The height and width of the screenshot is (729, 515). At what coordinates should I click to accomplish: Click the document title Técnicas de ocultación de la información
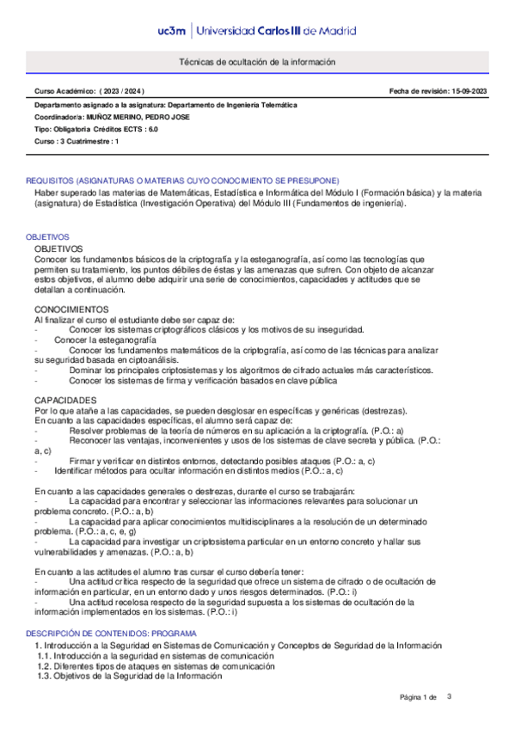[x=256, y=63]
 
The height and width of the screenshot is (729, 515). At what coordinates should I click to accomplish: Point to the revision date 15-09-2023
[x=467, y=91]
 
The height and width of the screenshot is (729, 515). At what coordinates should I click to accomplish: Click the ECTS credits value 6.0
[x=153, y=129]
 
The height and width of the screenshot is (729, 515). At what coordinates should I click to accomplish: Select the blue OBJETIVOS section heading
[x=47, y=236]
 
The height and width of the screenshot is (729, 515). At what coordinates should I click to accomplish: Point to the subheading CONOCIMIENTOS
[x=71, y=308]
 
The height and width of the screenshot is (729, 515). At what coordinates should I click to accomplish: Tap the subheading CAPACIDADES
[x=66, y=401]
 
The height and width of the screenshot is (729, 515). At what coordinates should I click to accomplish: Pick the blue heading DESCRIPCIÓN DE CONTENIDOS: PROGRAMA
[x=111, y=634]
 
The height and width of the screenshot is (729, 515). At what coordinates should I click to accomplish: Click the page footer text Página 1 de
[x=419, y=697]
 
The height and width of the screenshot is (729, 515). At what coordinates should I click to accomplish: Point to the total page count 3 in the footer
[x=449, y=696]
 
